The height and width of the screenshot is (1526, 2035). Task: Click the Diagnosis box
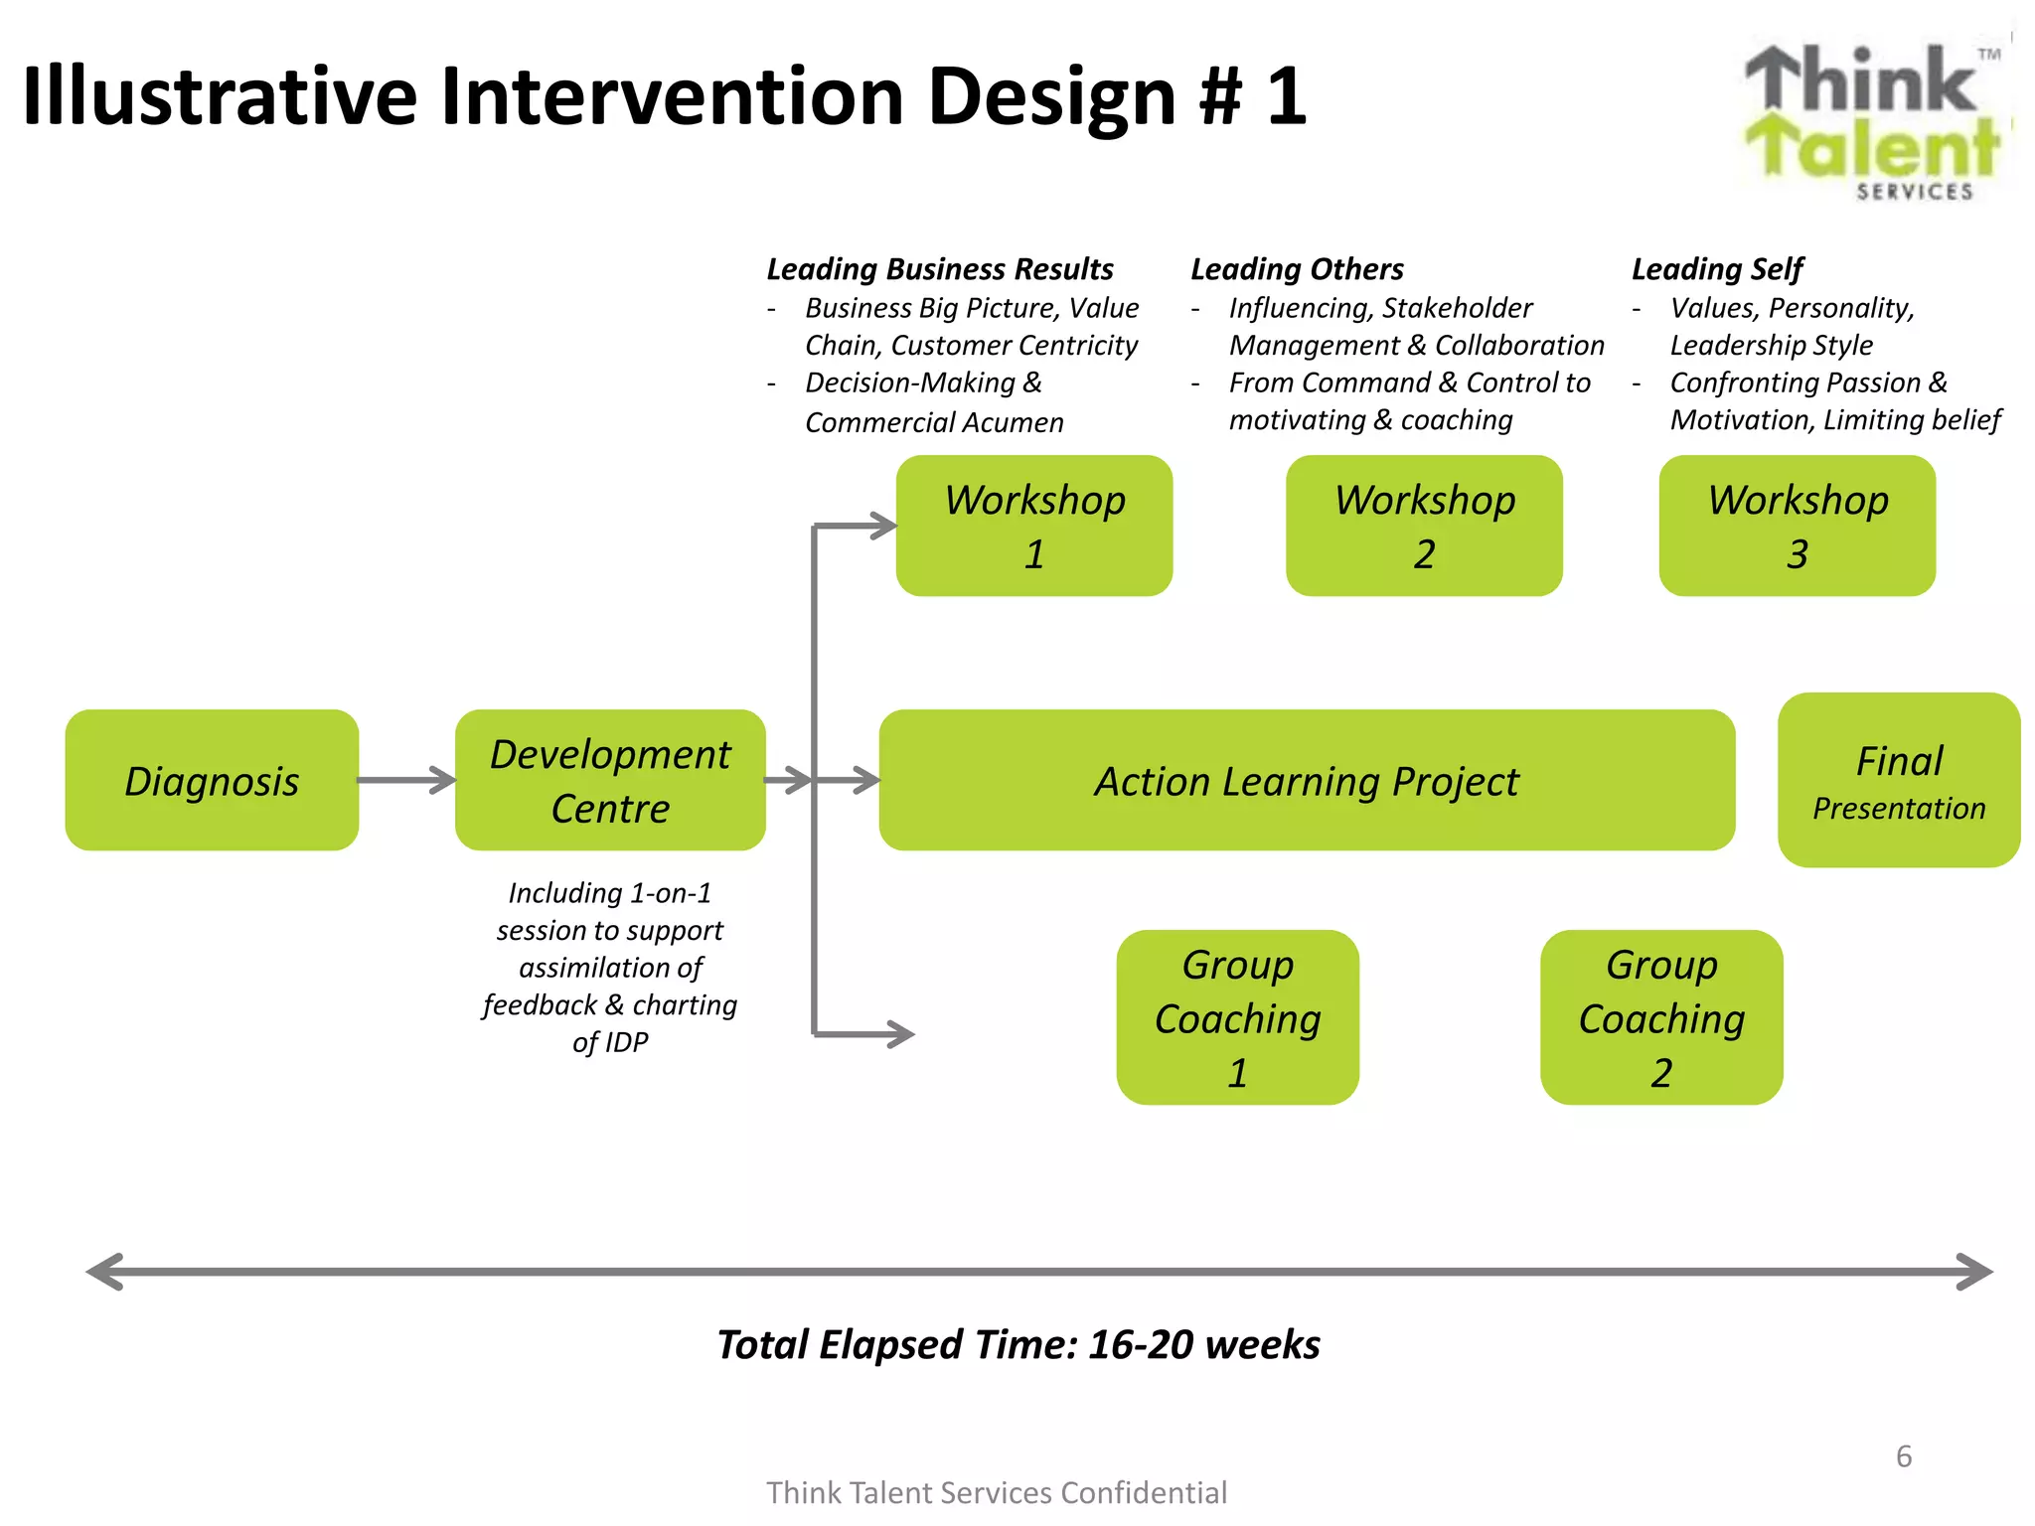(x=212, y=780)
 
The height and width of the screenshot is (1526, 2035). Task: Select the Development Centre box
(x=610, y=780)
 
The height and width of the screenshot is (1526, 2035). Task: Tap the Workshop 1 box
(x=1034, y=526)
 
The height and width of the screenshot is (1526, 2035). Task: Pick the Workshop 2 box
(x=1424, y=526)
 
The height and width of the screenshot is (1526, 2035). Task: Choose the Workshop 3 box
(x=1798, y=526)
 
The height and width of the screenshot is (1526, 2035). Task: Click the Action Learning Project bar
(x=1307, y=780)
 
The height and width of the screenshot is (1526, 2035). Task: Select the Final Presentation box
(x=1899, y=780)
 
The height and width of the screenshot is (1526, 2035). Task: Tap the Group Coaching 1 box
(x=1237, y=1017)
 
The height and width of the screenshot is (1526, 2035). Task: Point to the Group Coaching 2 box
(x=1661, y=1017)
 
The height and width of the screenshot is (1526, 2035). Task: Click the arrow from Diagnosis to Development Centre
(x=407, y=780)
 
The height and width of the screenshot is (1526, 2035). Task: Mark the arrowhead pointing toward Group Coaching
(x=900, y=1034)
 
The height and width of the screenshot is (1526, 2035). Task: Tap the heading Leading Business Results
(x=939, y=269)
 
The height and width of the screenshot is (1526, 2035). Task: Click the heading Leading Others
(x=1297, y=269)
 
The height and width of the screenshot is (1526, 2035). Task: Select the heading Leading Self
(x=1717, y=269)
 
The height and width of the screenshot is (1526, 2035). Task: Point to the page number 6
(x=1904, y=1456)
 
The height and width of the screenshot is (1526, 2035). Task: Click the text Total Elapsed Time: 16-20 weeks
(x=1018, y=1344)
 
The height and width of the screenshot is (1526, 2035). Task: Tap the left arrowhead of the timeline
(x=105, y=1272)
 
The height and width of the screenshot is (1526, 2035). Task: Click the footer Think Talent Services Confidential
(x=997, y=1492)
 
